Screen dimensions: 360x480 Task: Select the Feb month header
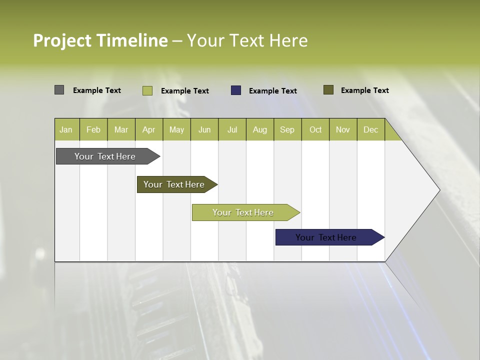[x=93, y=129]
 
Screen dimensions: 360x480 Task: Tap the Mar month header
[x=121, y=129]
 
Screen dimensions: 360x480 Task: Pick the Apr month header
[x=149, y=129]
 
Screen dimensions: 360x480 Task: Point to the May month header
[x=176, y=129]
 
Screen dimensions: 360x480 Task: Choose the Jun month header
[x=204, y=129]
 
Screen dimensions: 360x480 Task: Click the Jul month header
[x=232, y=129]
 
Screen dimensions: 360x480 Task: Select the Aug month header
[x=260, y=129]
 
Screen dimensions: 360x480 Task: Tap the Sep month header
[x=287, y=129]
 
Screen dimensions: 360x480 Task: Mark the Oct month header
[x=315, y=129]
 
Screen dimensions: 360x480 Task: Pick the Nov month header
[x=343, y=129]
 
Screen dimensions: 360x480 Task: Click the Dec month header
[x=371, y=129]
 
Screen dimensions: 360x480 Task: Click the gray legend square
[x=59, y=90]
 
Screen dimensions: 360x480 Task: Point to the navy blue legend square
[x=236, y=90]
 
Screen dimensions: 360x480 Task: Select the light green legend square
[x=147, y=90]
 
